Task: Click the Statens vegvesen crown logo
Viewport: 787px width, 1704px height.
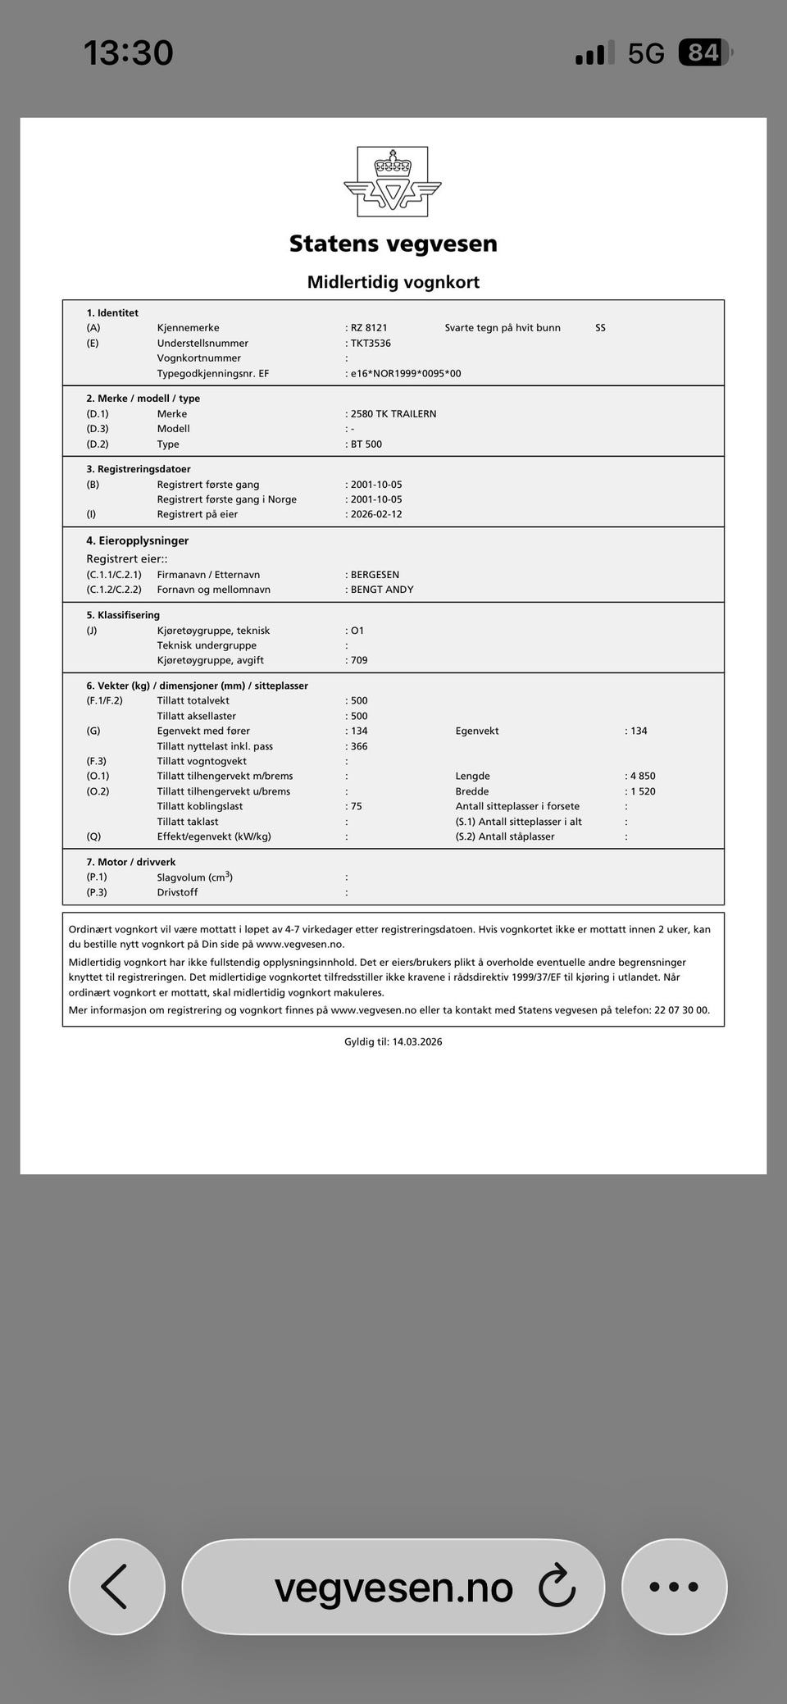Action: pos(393,181)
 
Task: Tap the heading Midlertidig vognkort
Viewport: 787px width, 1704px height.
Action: pos(393,282)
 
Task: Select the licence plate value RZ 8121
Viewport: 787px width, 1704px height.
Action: pos(369,328)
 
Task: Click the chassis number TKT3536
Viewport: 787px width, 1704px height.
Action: pos(371,344)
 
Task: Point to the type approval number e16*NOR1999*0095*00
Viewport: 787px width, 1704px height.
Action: pos(406,374)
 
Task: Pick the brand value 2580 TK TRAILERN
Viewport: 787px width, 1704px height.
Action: pos(393,414)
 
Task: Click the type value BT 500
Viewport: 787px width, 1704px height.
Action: pos(366,444)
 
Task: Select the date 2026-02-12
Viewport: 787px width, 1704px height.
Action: pos(376,515)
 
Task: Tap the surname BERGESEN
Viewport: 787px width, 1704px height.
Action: pos(375,575)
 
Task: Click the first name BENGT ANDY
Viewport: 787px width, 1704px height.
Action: pos(382,590)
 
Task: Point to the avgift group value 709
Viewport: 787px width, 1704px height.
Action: pos(359,660)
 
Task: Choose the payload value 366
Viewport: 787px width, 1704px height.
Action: pos(359,746)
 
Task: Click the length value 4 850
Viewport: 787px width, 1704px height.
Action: pos(643,776)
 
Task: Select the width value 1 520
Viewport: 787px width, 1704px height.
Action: pos(643,791)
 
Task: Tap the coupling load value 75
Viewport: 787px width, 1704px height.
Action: pos(357,806)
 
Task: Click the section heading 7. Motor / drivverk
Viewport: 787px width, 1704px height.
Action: pos(131,862)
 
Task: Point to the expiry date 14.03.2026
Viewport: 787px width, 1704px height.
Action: pos(417,1042)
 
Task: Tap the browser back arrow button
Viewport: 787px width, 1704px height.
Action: pos(116,1586)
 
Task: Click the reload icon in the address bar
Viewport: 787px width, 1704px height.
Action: pos(557,1585)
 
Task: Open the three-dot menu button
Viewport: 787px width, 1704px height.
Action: pos(674,1586)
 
